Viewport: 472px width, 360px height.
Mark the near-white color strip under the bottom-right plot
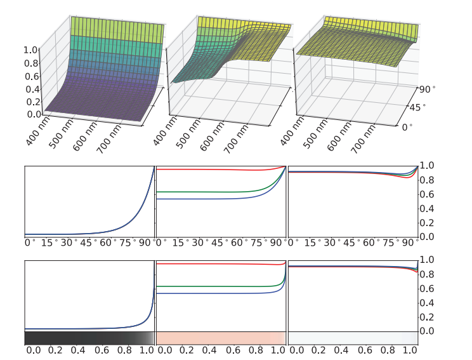coord(352,338)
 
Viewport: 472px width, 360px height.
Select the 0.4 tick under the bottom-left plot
coord(78,350)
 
